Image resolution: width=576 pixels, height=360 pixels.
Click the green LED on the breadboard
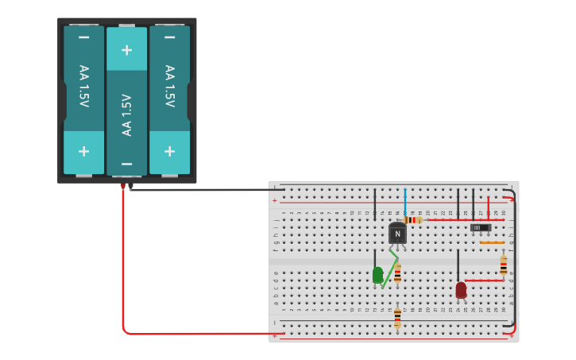[377, 275]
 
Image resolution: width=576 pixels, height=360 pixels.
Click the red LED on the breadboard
[461, 290]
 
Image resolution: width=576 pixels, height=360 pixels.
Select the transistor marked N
[397, 233]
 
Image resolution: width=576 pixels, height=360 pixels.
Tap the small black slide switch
[480, 227]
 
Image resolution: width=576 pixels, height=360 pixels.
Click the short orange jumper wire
[492, 242]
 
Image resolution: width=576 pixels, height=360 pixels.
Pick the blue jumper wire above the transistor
[404, 202]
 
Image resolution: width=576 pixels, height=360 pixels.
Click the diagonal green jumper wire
[389, 269]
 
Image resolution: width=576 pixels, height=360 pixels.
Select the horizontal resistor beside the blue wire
[412, 220]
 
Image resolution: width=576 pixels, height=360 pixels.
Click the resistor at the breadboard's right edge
[503, 265]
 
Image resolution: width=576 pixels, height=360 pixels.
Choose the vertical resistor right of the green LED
[397, 273]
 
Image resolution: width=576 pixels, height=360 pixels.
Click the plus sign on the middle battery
[126, 50]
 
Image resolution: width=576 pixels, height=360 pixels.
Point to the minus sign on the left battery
[83, 37]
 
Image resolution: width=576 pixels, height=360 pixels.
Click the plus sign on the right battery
[169, 151]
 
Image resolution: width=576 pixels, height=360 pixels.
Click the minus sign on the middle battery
[126, 165]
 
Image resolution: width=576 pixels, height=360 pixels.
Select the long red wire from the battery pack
[123, 270]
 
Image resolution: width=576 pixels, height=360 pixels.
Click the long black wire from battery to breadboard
[199, 190]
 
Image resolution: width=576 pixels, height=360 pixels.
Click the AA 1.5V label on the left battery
[83, 86]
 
